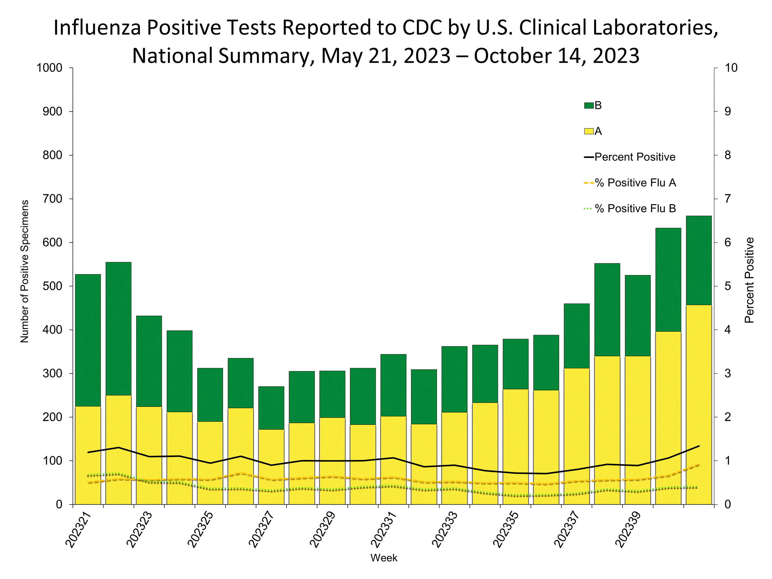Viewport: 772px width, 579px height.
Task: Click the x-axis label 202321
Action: [x=78, y=530]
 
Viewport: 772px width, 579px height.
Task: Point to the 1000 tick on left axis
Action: [x=49, y=68]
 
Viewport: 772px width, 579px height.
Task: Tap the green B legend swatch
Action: [x=588, y=105]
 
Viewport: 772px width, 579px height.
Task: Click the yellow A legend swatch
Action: [x=588, y=132]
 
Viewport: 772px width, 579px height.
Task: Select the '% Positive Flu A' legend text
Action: [x=635, y=183]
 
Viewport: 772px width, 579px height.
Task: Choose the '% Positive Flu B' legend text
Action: [x=635, y=209]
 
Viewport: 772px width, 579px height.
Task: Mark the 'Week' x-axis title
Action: [x=384, y=558]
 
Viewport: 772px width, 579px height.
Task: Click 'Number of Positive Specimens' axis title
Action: [x=24, y=271]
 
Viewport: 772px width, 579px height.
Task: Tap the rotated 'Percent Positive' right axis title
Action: [x=749, y=280]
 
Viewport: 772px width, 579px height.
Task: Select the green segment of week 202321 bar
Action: [x=88, y=340]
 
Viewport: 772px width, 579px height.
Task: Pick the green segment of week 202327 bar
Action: [x=271, y=408]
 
